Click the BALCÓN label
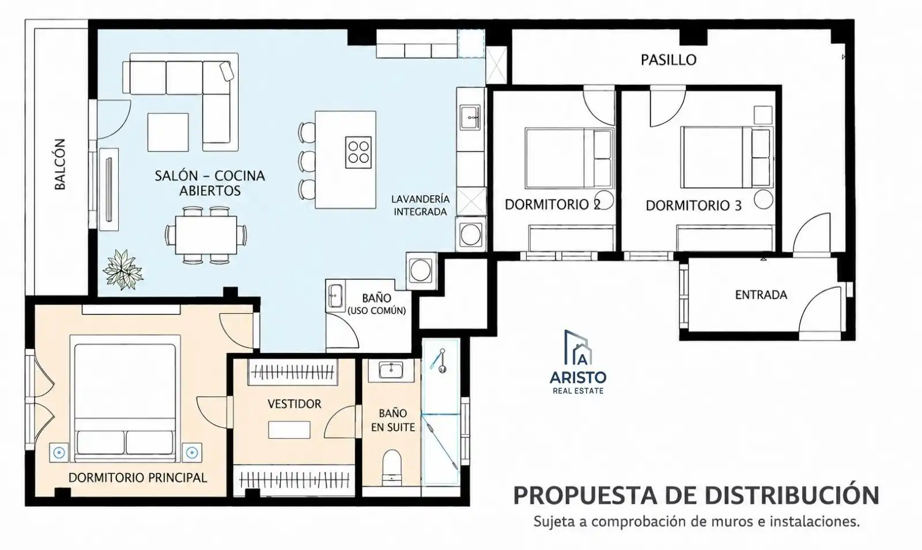point(60,164)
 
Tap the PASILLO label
point(668,60)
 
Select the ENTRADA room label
point(761,294)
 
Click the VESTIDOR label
point(294,404)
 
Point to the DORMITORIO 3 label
point(694,206)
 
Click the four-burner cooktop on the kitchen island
point(358,152)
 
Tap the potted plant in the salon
point(123,270)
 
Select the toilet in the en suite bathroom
point(391,468)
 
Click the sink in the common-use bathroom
point(335,296)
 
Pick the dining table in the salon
point(206,235)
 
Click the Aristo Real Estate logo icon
point(579,348)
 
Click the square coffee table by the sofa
point(168,132)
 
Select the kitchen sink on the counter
point(470,117)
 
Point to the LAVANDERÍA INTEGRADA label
point(420,205)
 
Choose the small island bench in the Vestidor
point(289,430)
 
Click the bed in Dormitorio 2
point(570,158)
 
